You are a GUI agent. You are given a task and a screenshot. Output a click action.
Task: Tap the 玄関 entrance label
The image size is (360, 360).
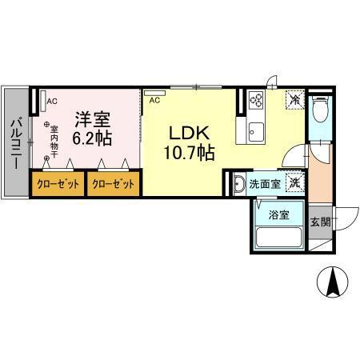coord(320,222)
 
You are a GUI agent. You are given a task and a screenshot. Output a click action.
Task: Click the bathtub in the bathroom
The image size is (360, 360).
coord(278,237)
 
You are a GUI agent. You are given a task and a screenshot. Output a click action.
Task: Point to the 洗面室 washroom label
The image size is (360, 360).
coord(263,184)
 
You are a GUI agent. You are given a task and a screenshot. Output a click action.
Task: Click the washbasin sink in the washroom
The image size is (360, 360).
coord(238,185)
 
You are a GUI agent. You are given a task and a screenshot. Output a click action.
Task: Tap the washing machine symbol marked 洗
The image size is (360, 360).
coord(294,182)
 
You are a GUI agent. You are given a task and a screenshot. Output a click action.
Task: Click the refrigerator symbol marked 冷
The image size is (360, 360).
coord(295,100)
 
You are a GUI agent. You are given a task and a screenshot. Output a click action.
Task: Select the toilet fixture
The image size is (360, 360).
coord(320,110)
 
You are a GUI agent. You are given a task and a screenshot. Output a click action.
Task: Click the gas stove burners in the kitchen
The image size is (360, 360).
coord(258,100)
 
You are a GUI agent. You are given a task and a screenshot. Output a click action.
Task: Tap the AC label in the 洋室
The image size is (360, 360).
coord(51,102)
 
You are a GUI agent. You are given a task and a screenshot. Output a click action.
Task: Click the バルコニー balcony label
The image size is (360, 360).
coord(15,144)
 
